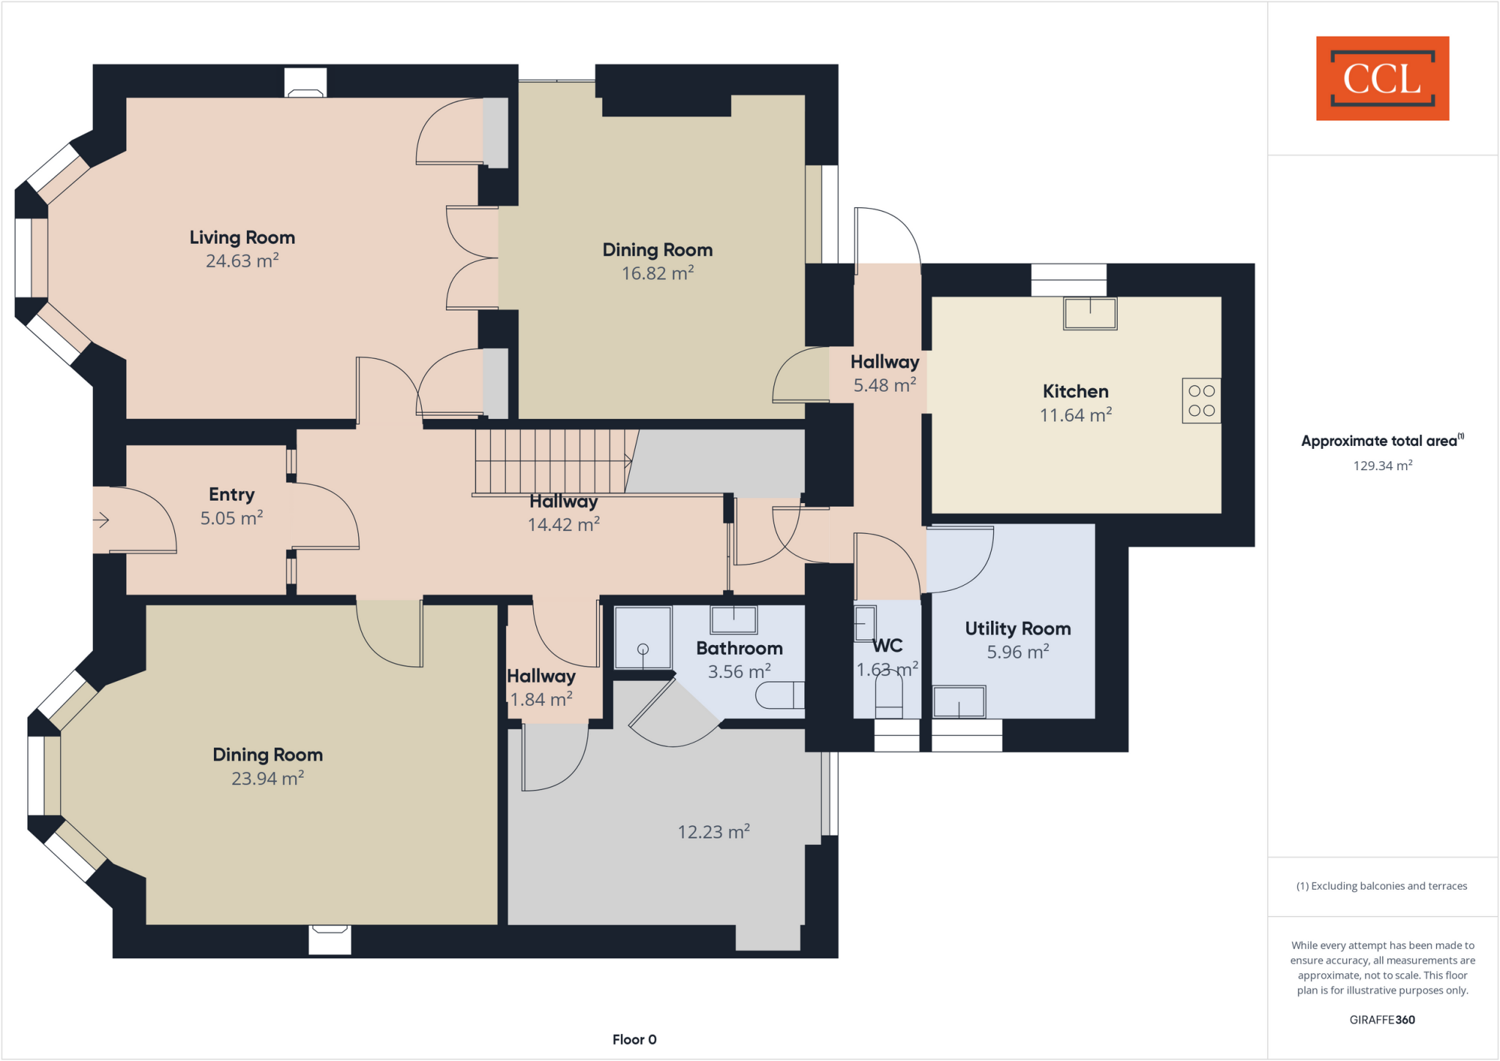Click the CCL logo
click(x=1382, y=78)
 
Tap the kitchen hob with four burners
click(x=1201, y=401)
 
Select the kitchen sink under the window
click(x=1090, y=313)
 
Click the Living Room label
click(x=242, y=237)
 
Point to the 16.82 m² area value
click(x=658, y=273)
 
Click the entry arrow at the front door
click(x=101, y=521)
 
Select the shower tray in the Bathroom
click(x=643, y=638)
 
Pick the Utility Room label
click(x=1017, y=628)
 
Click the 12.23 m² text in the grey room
click(x=713, y=832)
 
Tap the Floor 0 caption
click(x=634, y=1040)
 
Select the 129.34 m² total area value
click(x=1382, y=466)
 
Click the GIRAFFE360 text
click(x=1382, y=1020)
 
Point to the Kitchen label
click(x=1075, y=391)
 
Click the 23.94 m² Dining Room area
click(x=267, y=778)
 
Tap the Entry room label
click(x=231, y=494)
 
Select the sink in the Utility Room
click(x=959, y=702)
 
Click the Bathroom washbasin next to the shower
click(x=733, y=620)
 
